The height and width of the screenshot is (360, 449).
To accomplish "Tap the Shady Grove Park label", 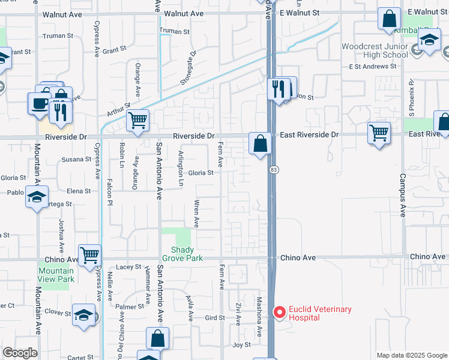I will [x=187, y=254].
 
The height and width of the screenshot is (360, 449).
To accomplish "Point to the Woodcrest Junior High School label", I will [x=374, y=50].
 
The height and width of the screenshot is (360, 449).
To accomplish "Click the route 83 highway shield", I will [x=273, y=170].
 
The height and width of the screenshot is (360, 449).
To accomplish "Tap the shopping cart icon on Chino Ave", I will [x=89, y=254].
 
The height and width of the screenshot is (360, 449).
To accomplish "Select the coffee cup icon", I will [x=40, y=103].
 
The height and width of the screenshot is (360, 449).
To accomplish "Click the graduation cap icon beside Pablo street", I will [x=37, y=197].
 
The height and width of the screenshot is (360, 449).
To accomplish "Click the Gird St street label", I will [x=214, y=317].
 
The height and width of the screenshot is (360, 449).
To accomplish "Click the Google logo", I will [x=20, y=353].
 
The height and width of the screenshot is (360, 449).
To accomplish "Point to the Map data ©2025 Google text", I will [x=411, y=355].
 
